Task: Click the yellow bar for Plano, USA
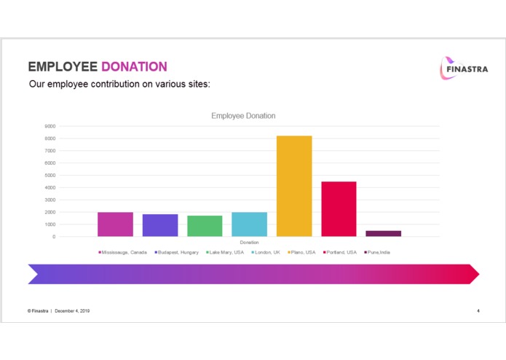tap(294, 186)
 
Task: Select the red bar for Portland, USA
tap(339, 208)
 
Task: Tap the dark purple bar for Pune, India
tap(383, 233)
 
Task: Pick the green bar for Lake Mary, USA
tap(205, 226)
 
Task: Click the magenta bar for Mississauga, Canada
tap(115, 224)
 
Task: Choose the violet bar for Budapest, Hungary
tap(160, 225)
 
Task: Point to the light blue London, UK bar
tap(249, 224)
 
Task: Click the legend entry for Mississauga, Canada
tap(124, 252)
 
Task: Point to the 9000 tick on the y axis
tap(50, 126)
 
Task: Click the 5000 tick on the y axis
tap(50, 175)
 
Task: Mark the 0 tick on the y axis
tap(53, 237)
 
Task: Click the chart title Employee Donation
tap(243, 116)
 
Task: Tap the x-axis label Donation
tap(249, 242)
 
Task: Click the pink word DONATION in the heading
tap(134, 67)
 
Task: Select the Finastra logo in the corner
tap(458, 68)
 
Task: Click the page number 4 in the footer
tap(478, 311)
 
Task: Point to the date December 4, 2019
tap(72, 311)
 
